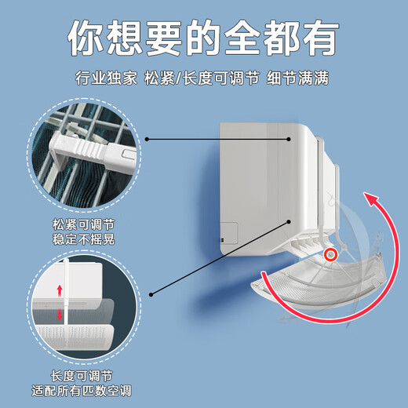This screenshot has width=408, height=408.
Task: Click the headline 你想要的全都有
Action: click(204, 36)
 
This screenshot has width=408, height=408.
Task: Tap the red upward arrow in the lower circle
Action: click(58, 293)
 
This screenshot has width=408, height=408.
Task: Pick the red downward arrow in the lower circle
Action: click(58, 315)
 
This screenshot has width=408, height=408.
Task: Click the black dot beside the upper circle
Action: click(147, 140)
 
